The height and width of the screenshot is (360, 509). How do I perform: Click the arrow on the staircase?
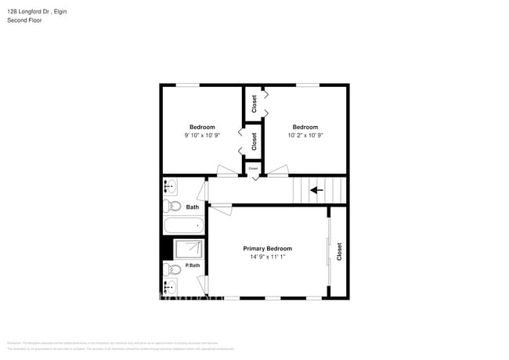[317, 189]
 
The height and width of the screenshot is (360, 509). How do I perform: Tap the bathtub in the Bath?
[183, 225]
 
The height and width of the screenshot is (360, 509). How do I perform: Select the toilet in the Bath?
[171, 207]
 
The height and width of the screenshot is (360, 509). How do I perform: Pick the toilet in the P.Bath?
[172, 269]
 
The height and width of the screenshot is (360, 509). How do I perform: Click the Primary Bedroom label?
[268, 248]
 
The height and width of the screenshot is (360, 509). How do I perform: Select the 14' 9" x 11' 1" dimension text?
[268, 257]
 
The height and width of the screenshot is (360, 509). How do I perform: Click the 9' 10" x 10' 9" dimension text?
[202, 135]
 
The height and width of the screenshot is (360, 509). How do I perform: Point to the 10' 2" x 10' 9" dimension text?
[305, 135]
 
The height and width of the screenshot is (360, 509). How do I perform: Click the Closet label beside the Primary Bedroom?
[339, 251]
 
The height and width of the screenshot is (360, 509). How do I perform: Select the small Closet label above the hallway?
[253, 167]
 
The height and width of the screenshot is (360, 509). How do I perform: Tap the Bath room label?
[193, 207]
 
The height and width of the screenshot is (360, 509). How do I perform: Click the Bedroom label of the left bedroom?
[202, 127]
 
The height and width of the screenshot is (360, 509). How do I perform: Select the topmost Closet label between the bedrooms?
[254, 104]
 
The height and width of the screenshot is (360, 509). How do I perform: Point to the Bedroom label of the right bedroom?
[305, 127]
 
